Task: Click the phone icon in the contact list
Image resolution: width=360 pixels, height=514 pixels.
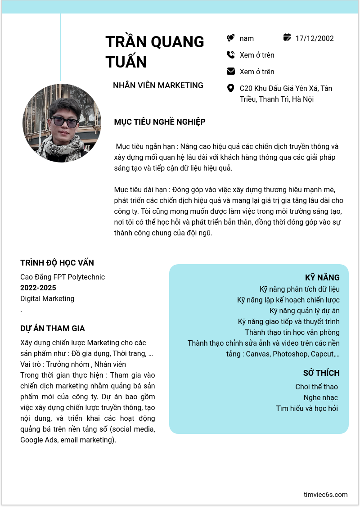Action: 230,55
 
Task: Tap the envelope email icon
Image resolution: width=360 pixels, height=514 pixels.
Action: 230,71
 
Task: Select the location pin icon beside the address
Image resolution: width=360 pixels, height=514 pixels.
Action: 230,88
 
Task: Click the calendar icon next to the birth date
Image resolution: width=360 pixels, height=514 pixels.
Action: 287,38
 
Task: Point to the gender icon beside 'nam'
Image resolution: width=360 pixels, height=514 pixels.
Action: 230,38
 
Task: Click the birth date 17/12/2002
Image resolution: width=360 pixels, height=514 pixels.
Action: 315,38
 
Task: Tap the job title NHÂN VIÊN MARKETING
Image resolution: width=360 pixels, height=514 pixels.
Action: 158,86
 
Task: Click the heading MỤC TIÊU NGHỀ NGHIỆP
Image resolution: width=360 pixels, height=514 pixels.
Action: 160,122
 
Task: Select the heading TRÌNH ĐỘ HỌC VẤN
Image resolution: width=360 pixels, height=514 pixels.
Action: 57,263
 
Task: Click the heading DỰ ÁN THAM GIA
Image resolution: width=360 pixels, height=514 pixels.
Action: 53,329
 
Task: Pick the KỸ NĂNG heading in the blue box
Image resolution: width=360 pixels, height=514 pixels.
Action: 322,277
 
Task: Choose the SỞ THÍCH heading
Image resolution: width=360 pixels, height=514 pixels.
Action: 321,373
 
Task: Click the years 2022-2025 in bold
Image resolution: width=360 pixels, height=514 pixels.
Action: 38,288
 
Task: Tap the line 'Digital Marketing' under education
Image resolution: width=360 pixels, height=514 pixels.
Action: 47,298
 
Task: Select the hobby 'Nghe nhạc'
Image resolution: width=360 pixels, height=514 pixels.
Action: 320,397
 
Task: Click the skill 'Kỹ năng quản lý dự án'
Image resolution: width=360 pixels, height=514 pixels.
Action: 305,311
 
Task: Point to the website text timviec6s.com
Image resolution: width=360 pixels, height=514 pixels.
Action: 325,495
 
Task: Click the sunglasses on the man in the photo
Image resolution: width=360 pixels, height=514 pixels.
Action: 64,122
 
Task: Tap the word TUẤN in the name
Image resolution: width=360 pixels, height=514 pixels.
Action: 126,62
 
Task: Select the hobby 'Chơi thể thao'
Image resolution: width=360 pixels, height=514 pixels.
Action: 316,387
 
